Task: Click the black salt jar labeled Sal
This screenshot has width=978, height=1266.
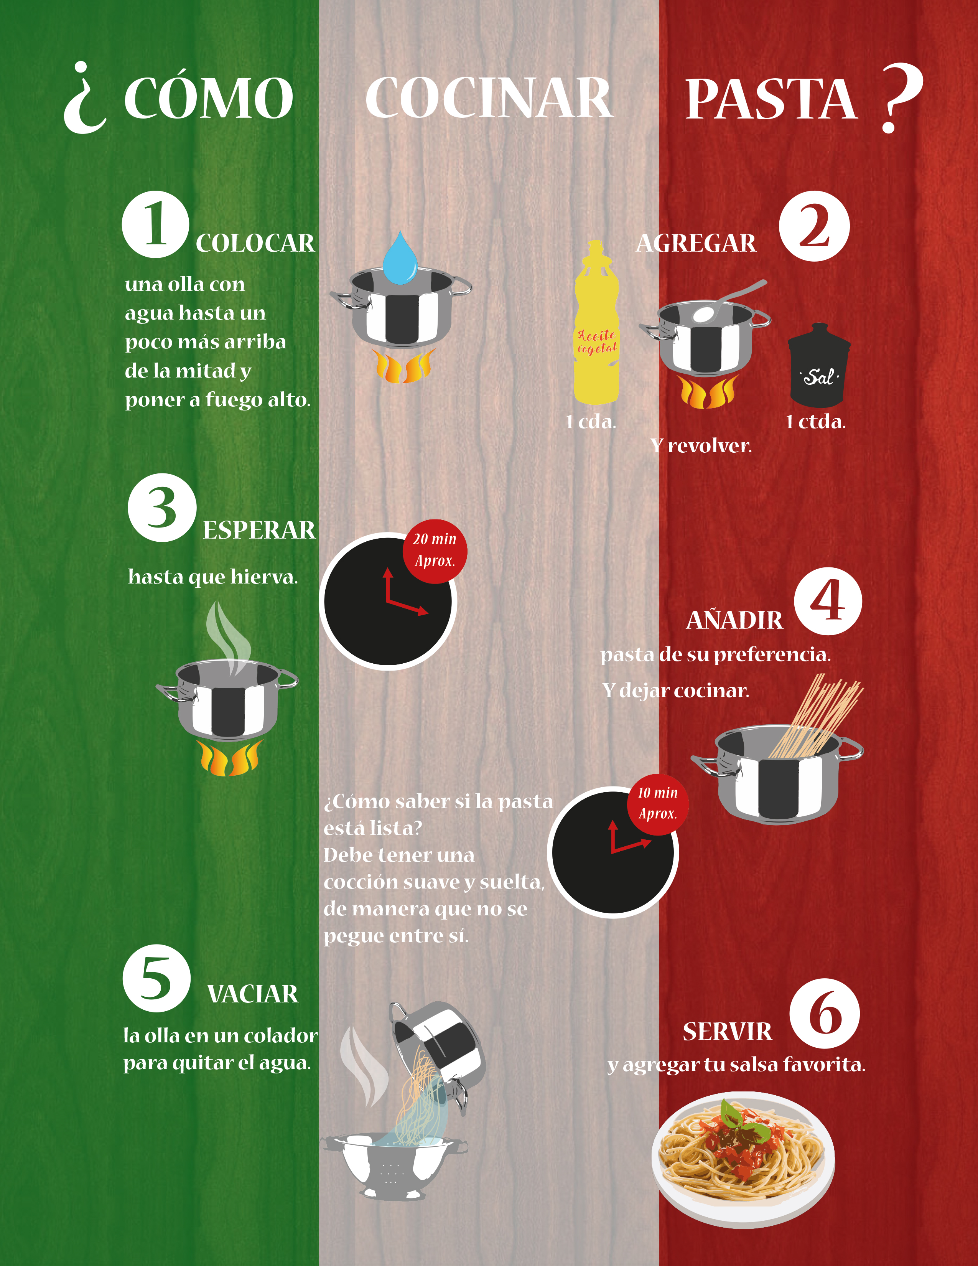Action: click(x=819, y=365)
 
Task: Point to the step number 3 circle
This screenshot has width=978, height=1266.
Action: click(x=162, y=508)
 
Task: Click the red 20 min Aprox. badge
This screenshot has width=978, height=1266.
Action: click(x=435, y=551)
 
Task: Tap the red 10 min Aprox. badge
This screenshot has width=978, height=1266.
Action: click(x=658, y=804)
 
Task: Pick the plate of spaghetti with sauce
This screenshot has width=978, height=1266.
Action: click(x=743, y=1157)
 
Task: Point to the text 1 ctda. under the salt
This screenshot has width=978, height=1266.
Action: click(x=816, y=422)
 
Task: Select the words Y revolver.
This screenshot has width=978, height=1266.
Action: click(x=701, y=446)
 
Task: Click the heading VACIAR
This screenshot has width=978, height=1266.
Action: click(x=253, y=994)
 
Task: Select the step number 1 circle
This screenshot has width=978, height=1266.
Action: click(x=155, y=224)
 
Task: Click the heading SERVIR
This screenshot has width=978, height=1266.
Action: click(x=727, y=1032)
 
